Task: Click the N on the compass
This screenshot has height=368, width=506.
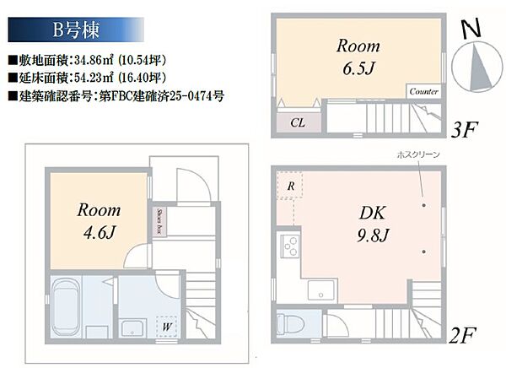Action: point(471,29)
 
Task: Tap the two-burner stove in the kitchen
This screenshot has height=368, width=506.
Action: point(289,246)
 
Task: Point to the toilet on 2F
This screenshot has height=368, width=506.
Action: point(290,323)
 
